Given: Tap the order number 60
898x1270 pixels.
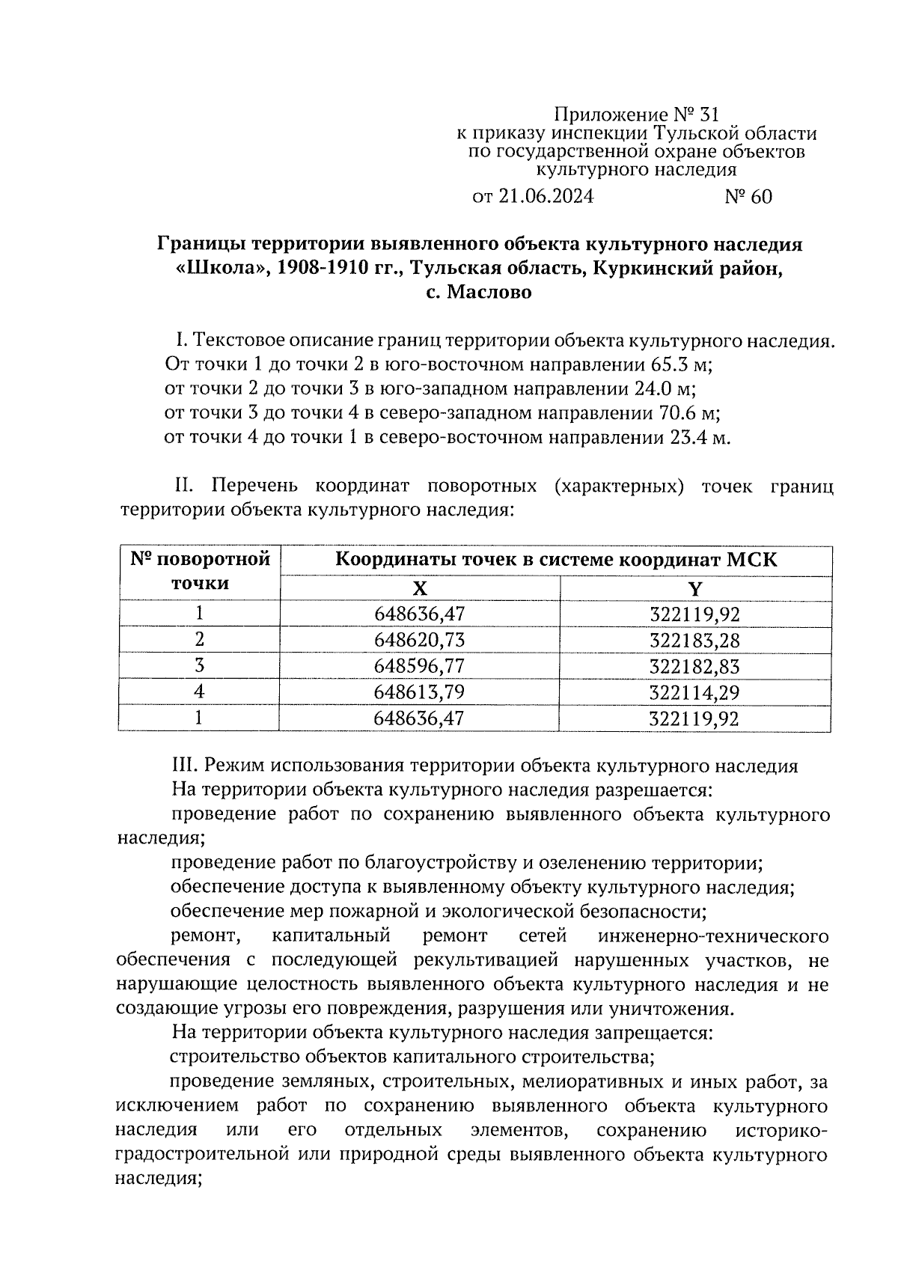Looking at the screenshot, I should coord(760,197).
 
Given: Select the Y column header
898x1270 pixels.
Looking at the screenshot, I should coord(695,588).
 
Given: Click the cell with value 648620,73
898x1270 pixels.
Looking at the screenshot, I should coord(420,640).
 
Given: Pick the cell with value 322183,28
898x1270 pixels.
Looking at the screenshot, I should coord(695,640).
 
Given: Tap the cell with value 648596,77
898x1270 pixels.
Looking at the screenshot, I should coord(420,666).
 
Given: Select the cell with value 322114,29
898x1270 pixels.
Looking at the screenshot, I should coord(695,692).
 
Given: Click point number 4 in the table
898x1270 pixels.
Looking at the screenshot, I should coord(199,692).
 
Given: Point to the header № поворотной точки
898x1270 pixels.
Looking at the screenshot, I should coord(199,571).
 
